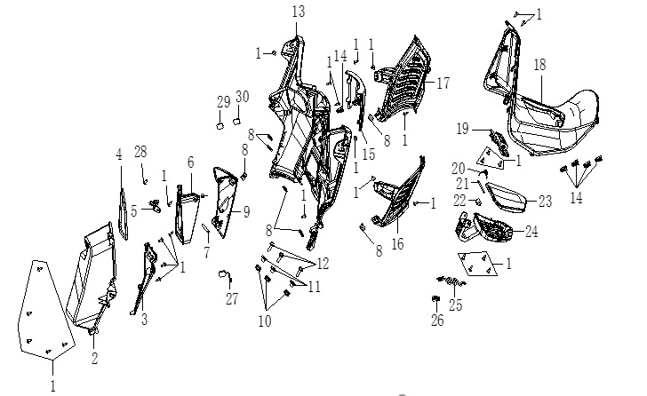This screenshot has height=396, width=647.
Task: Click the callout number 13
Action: coord(299,12)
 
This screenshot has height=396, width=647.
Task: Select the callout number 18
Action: coord(539,65)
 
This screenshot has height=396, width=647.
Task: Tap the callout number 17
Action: coord(443,83)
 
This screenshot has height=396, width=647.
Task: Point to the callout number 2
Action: coord(94,359)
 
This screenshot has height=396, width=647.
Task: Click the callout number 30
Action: coord(243,97)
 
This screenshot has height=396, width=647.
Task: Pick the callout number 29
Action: coord(224,102)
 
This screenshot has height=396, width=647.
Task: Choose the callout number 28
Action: coord(140,152)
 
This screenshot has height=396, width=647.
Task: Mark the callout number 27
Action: coord(232,298)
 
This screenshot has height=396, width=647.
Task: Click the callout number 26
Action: coord(437,321)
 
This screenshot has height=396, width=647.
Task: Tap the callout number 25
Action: coord(456,305)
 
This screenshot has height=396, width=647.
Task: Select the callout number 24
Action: coord(531,232)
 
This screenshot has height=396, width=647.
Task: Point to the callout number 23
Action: coord(545,202)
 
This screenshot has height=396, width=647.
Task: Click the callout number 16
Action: coord(397,244)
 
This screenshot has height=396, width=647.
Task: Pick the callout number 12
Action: coord(323,264)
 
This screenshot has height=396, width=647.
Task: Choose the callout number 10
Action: coord(265,321)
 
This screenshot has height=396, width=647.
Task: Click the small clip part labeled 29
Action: coord(220,125)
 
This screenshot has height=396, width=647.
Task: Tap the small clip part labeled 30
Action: coord(236,121)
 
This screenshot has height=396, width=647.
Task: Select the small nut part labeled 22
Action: coord(477,202)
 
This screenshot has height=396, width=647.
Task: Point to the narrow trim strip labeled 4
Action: coord(123,214)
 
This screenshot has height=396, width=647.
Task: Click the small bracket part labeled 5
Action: coord(156,206)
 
